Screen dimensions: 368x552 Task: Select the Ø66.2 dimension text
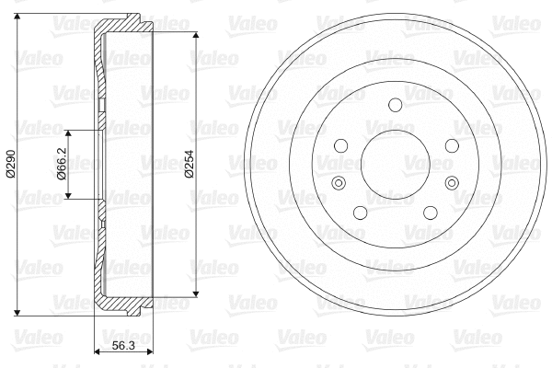pos(62,164)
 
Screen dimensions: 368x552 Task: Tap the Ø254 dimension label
pos(188,164)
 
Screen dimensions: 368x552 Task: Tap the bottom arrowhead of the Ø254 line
pos(196,295)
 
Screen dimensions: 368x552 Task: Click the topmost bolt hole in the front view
pos(394,104)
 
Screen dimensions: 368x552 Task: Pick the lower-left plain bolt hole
pos(360,213)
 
